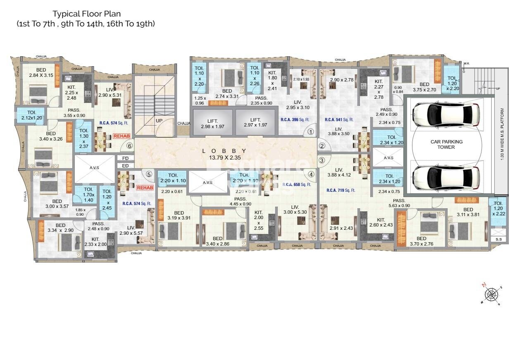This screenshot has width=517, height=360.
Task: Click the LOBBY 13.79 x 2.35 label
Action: pyautogui.click(x=224, y=154)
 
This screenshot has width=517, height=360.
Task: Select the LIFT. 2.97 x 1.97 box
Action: pyautogui.click(x=256, y=123)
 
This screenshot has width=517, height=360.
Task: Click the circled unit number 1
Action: pyautogui.click(x=311, y=132)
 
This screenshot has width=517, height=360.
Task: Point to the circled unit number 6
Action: pyautogui.click(x=130, y=145)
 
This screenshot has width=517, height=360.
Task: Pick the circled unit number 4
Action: pyautogui.click(x=311, y=174)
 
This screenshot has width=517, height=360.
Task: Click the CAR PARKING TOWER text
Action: pyautogui.click(x=446, y=144)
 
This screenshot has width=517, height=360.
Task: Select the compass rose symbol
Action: pyautogui.click(x=491, y=294)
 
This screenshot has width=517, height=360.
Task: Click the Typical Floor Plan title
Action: pyautogui.click(x=86, y=14)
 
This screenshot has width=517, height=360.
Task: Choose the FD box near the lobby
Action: pyautogui.click(x=126, y=158)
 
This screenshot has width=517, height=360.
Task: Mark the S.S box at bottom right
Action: pyautogui.click(x=496, y=239)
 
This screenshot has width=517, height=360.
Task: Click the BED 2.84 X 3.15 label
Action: pyautogui.click(x=41, y=73)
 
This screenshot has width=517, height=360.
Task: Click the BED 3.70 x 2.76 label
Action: pyautogui.click(x=421, y=241)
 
